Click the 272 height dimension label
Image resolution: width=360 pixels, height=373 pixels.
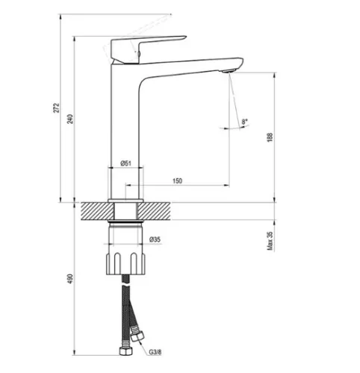point(56,109)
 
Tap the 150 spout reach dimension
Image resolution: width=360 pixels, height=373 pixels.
point(177,180)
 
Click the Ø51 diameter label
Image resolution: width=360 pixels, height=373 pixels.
point(126,163)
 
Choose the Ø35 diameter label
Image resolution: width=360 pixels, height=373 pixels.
point(155,239)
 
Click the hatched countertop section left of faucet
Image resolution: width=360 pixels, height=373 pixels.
point(93,212)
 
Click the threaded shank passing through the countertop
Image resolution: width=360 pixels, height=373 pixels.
point(125,213)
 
